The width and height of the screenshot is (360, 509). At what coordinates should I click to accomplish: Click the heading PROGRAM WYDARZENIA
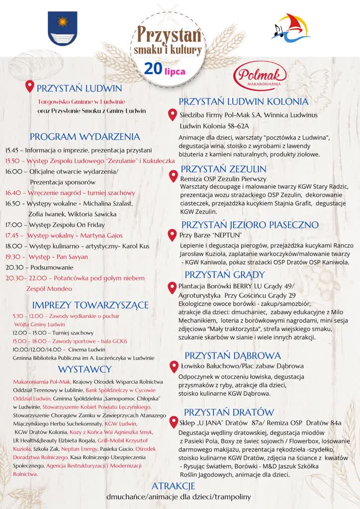pyautogui.click(x=85, y=137)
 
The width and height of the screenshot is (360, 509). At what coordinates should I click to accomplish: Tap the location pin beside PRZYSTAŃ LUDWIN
pyautogui.click(x=30, y=87)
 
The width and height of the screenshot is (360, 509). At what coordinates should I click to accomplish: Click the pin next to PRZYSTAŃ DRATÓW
pyautogui.click(x=173, y=423)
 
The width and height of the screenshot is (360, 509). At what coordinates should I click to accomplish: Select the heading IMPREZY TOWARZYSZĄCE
pyautogui.click(x=90, y=305)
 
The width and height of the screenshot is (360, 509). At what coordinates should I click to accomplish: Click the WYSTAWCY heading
pyautogui.click(x=85, y=369)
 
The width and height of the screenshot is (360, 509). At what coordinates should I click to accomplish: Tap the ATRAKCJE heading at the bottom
pyautogui.click(x=173, y=486)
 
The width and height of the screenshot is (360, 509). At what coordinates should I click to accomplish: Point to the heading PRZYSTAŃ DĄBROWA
pyautogui.click(x=233, y=355)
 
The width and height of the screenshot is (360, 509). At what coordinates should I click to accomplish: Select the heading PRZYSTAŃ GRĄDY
pyautogui.click(x=225, y=274)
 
